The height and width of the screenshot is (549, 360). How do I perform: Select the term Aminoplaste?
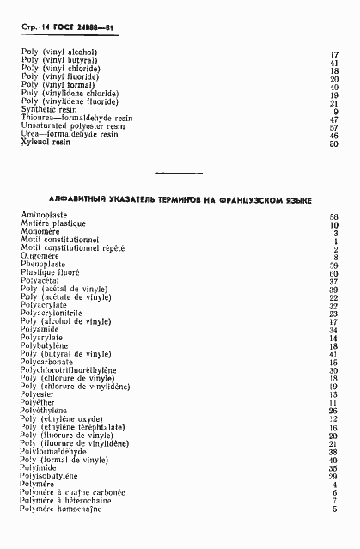46,216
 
